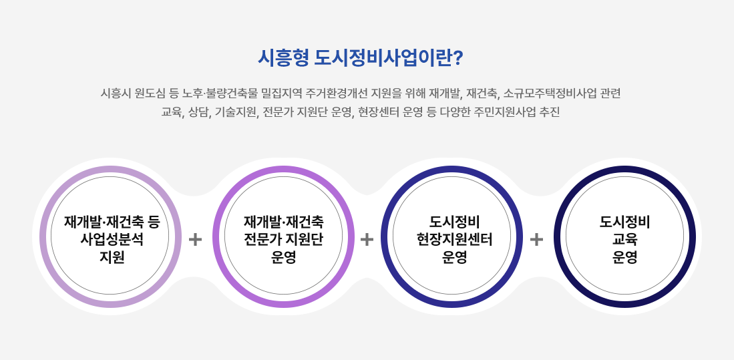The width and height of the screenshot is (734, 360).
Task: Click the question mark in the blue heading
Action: [x=458, y=57]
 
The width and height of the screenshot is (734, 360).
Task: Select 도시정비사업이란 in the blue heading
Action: [x=383, y=58]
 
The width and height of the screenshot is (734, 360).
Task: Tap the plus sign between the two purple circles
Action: [x=195, y=240]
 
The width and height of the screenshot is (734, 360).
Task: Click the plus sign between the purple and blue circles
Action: [x=367, y=240]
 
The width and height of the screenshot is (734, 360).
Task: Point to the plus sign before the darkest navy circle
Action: [x=536, y=240]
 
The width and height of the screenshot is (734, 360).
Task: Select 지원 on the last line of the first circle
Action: [x=112, y=257]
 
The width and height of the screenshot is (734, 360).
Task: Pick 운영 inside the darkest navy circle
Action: [x=625, y=257]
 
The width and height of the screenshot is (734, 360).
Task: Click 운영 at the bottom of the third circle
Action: [x=455, y=257]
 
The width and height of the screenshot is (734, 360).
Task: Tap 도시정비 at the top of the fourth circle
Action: [x=625, y=221]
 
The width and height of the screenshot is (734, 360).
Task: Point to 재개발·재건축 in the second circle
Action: [x=284, y=221]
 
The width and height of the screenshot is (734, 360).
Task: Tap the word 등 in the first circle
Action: [x=154, y=221]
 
